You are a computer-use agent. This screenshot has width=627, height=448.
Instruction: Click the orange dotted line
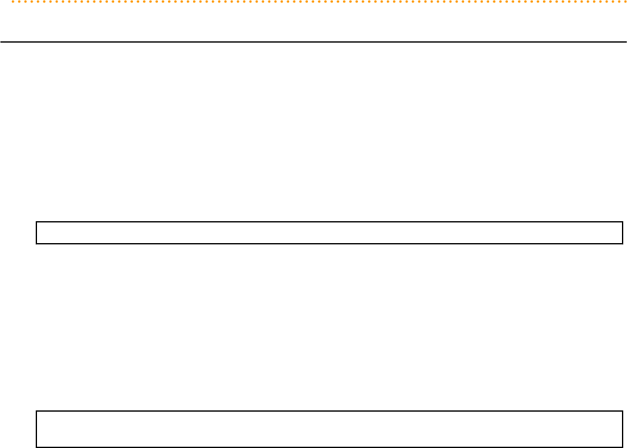click(313, 19)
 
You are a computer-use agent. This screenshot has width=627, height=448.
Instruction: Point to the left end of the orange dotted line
click(13, 19)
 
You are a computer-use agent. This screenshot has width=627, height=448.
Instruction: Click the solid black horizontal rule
click(313, 42)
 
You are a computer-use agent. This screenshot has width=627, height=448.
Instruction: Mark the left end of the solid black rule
click(1, 42)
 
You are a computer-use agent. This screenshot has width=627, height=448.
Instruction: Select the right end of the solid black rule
click(626, 42)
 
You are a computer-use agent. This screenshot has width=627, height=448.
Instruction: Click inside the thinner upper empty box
click(329, 232)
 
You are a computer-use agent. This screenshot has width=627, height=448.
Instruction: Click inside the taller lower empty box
click(329, 429)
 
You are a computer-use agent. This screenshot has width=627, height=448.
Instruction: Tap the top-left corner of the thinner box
click(36, 222)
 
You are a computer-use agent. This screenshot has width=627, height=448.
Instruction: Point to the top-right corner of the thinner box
click(623, 222)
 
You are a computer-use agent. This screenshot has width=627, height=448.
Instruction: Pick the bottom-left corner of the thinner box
click(36, 243)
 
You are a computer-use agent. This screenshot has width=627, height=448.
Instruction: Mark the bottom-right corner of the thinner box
click(623, 243)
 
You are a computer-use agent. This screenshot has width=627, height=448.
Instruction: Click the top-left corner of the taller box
click(36, 411)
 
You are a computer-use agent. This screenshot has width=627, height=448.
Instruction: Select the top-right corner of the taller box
click(623, 411)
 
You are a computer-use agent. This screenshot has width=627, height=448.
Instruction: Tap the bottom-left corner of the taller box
click(36, 447)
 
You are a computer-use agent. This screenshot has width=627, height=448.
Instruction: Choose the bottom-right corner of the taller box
click(623, 447)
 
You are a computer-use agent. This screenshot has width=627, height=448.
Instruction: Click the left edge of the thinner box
click(36, 232)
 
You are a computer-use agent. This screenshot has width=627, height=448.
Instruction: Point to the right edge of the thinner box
click(623, 232)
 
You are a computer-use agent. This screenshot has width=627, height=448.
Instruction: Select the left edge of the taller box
click(36, 429)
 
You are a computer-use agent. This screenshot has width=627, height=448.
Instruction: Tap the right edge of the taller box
click(623, 429)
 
